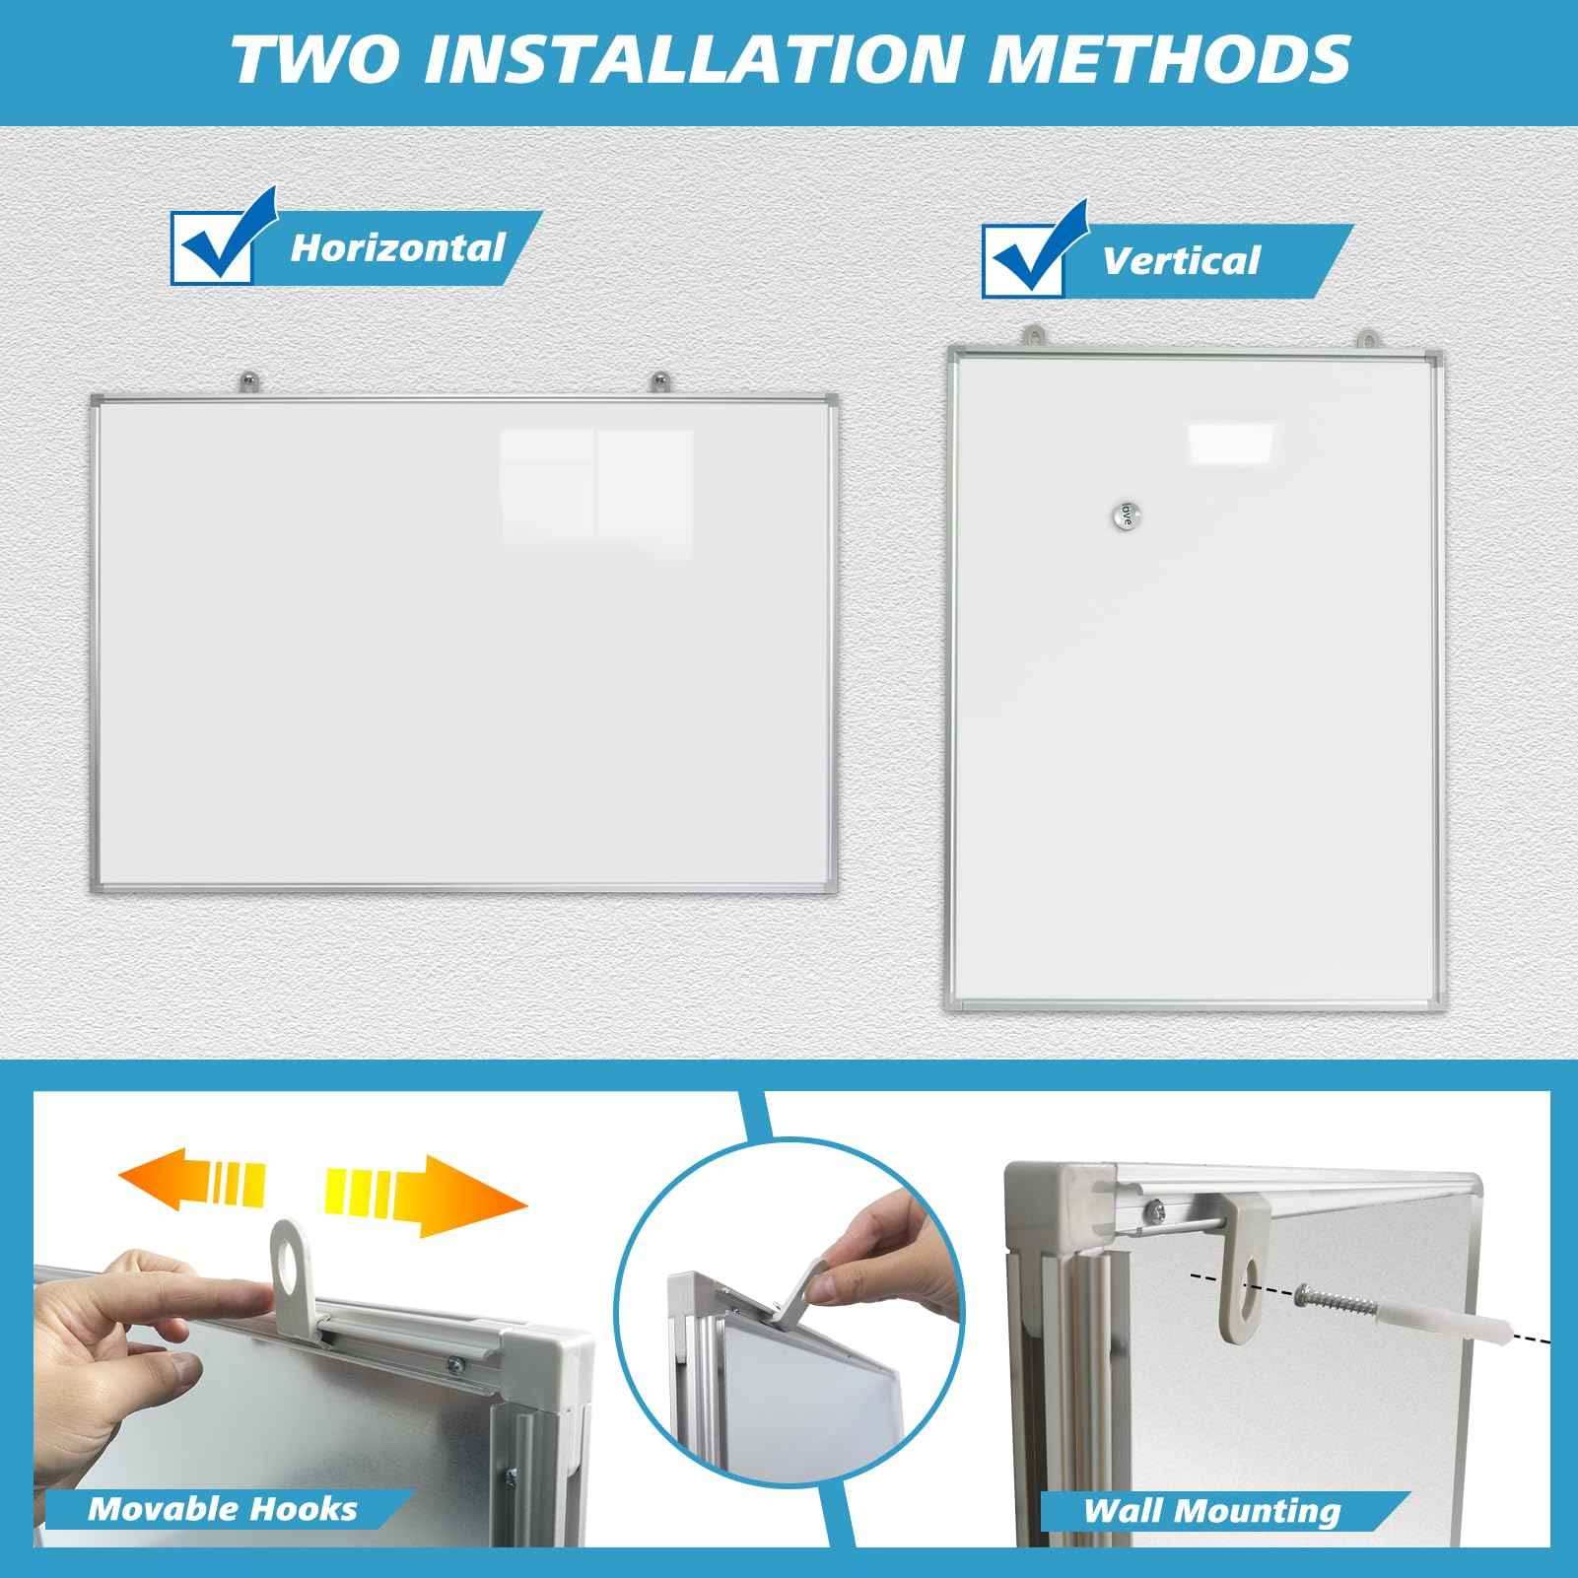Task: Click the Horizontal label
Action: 396,247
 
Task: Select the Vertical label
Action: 1180,261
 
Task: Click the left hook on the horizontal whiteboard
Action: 247,381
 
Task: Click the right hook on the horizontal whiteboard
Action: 658,381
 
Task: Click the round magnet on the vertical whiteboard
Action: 1125,513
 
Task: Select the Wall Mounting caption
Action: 1212,1510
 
